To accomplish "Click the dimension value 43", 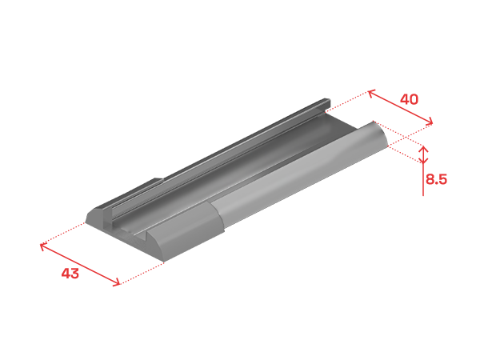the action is [70, 273].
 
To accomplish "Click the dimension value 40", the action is [409, 99].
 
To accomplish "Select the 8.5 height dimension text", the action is [436, 179].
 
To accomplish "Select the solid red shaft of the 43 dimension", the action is [80, 265].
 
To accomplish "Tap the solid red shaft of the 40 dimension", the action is [401, 107].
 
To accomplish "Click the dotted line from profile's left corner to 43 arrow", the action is [63, 234].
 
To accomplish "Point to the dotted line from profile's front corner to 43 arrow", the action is [142, 274].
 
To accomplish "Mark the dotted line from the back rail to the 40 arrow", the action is [347, 101].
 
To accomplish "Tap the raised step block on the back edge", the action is [134, 191].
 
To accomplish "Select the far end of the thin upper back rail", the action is [326, 102].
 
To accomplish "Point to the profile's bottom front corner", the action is [163, 262].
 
